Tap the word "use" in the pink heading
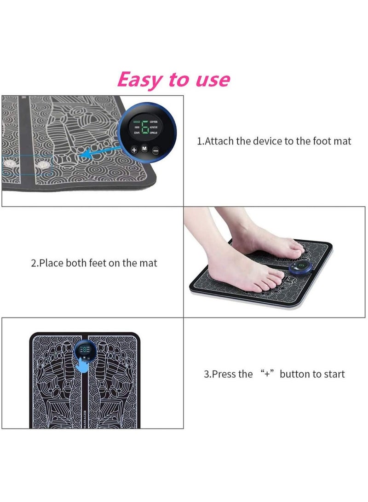pyautogui.click(x=211, y=81)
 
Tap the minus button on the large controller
pyautogui.click(x=155, y=150)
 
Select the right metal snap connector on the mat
pyautogui.click(x=44, y=163)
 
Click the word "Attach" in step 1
pyautogui.click(x=218, y=141)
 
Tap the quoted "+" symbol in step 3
pyautogui.click(x=266, y=374)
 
